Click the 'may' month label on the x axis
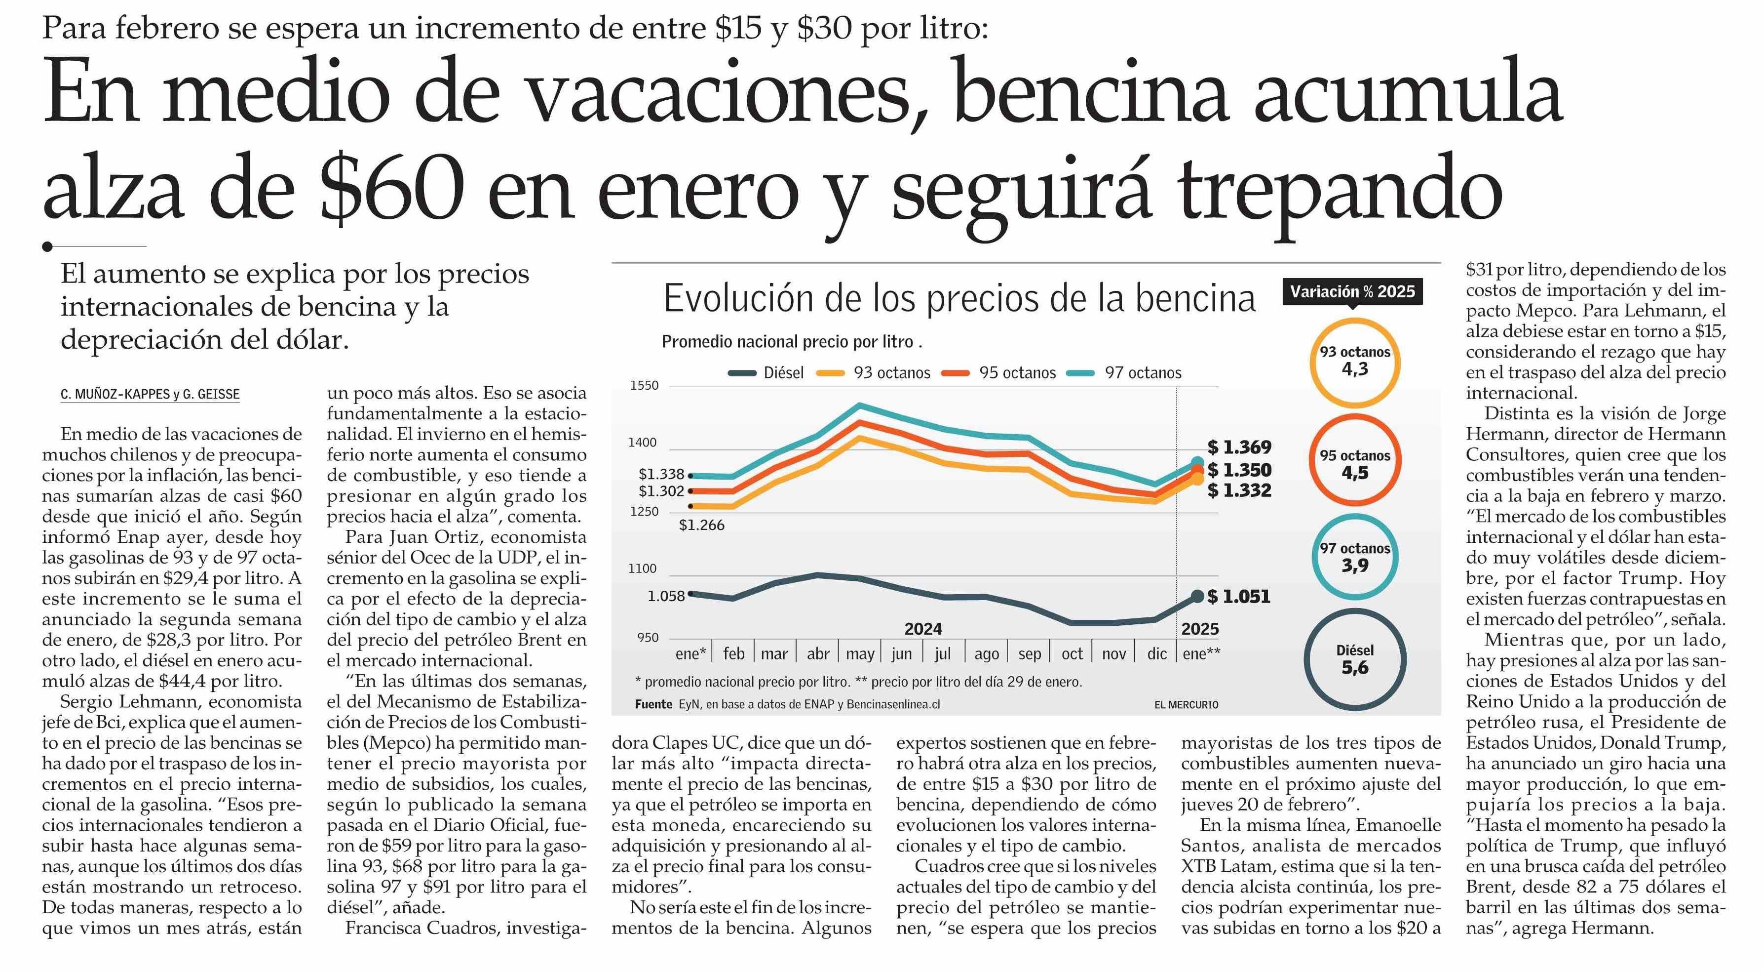click(x=860, y=654)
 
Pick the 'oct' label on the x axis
click(x=1072, y=654)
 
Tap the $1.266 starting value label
click(x=701, y=525)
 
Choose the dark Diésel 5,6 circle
click(x=1354, y=659)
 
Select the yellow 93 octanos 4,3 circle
click(x=1354, y=362)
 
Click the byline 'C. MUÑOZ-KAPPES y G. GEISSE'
click(x=150, y=395)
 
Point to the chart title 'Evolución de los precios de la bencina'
click(x=959, y=299)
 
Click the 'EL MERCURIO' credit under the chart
click(x=1186, y=705)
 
